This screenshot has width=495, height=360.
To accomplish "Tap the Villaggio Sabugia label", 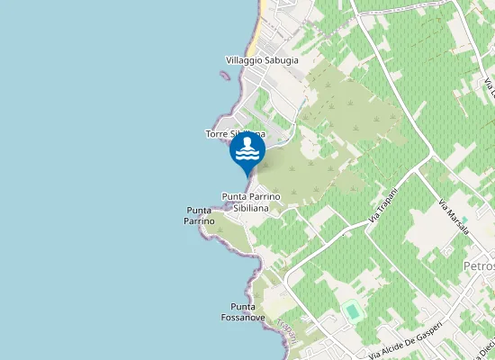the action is [x=261, y=61].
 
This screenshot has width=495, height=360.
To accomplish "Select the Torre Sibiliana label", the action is [x=234, y=134].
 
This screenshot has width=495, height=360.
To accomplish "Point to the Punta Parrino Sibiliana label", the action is [x=251, y=202].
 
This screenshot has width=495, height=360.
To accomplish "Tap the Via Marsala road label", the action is [x=454, y=217].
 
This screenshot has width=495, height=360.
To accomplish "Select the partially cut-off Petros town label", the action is [x=479, y=266].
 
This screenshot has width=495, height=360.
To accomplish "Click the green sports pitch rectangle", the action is [x=351, y=311].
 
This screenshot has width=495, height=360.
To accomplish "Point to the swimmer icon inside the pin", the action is [x=247, y=149].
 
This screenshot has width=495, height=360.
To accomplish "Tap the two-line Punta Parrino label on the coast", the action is [x=199, y=216].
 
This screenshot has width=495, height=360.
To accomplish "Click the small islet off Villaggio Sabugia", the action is [x=222, y=76].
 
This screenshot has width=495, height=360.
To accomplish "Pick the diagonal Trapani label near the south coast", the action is [x=286, y=328].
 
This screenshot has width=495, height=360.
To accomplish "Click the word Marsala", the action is [x=457, y=220].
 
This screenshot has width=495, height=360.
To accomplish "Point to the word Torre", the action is [x=217, y=134].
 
